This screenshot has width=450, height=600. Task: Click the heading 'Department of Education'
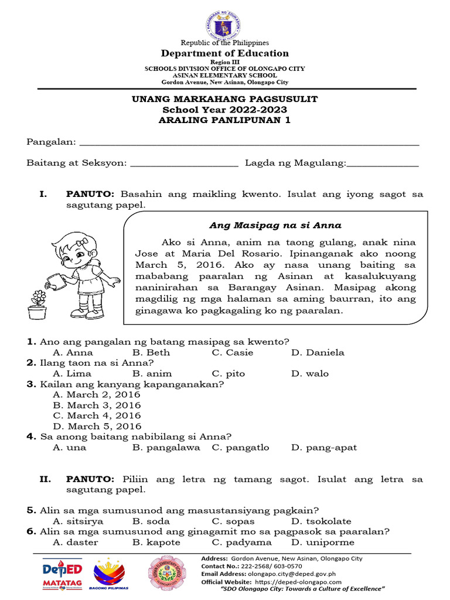click(225, 53)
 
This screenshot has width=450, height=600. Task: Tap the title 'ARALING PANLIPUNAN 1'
click(225, 121)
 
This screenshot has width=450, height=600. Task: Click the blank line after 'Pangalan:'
click(249, 143)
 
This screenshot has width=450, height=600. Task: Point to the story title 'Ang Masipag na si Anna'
click(275, 225)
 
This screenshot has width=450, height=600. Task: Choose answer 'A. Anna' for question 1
click(73, 353)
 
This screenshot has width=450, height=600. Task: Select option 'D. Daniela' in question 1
click(318, 353)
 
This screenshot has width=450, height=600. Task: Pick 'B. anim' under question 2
click(152, 374)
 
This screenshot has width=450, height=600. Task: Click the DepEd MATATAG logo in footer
click(62, 574)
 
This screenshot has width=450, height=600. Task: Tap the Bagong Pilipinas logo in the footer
click(109, 574)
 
